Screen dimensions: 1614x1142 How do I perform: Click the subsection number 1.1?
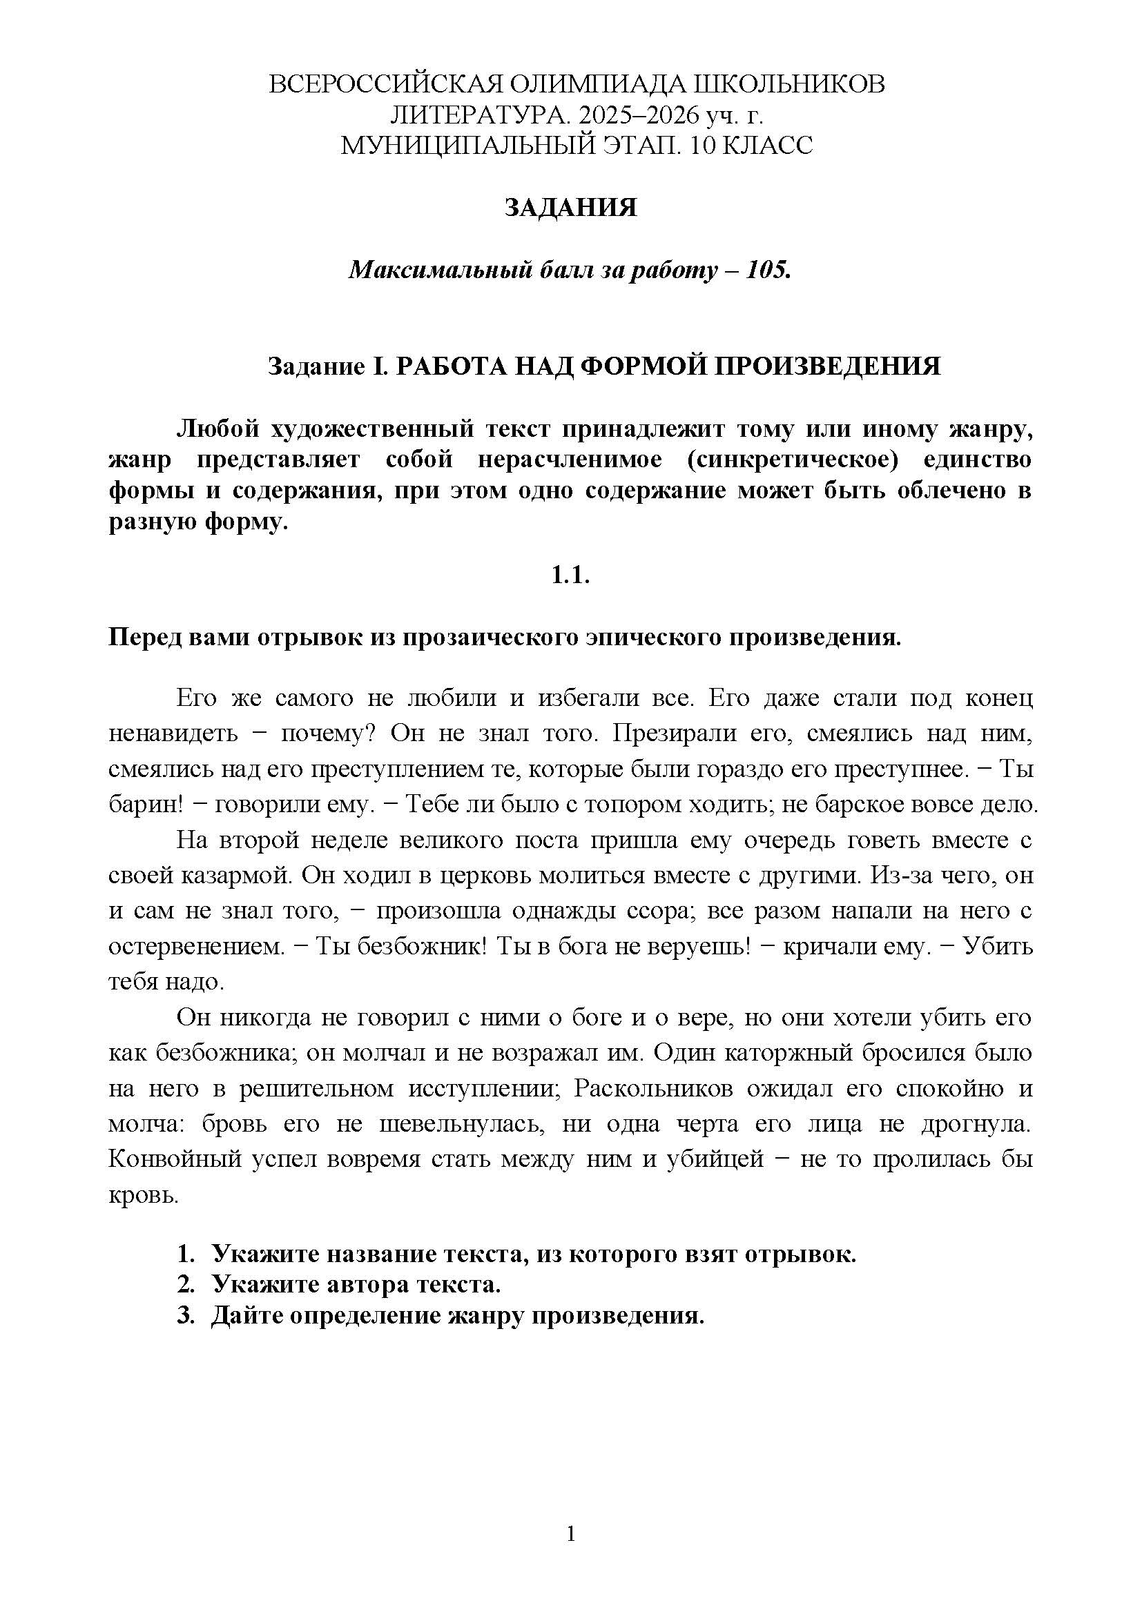(x=570, y=575)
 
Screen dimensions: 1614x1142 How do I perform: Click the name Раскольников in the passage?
(x=652, y=1088)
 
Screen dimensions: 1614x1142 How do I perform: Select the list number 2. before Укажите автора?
(x=185, y=1284)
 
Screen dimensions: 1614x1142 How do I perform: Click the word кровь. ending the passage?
(x=144, y=1194)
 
